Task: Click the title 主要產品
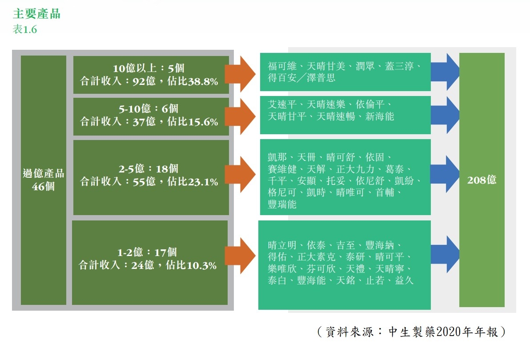tap(37, 14)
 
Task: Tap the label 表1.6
tap(25, 30)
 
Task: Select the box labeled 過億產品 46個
tap(44, 180)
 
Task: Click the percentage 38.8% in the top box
tap(201, 82)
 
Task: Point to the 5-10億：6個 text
tap(149, 108)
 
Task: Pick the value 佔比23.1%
tap(193, 182)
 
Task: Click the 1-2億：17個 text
tap(147, 252)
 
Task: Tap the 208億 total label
tap(482, 180)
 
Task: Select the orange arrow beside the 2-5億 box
tap(241, 174)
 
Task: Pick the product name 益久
tap(404, 280)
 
